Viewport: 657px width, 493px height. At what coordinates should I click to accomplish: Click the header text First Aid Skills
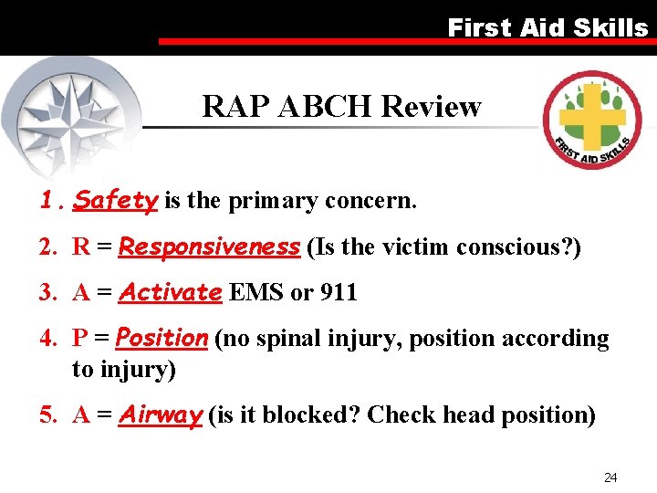point(547,27)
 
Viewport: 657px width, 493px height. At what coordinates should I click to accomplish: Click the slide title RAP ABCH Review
point(341,107)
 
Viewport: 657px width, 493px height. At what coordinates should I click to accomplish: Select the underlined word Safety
point(116,200)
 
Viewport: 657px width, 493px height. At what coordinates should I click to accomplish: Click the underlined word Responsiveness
point(209,246)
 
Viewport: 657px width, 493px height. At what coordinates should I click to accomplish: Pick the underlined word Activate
point(171,293)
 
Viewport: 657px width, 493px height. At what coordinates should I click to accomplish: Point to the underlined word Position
point(162,339)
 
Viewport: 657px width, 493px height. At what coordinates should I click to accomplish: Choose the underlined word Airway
point(161,415)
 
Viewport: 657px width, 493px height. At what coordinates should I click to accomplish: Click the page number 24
point(610,477)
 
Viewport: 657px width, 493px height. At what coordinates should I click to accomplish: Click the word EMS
point(256,293)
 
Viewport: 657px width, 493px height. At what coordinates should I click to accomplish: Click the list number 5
point(47,415)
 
